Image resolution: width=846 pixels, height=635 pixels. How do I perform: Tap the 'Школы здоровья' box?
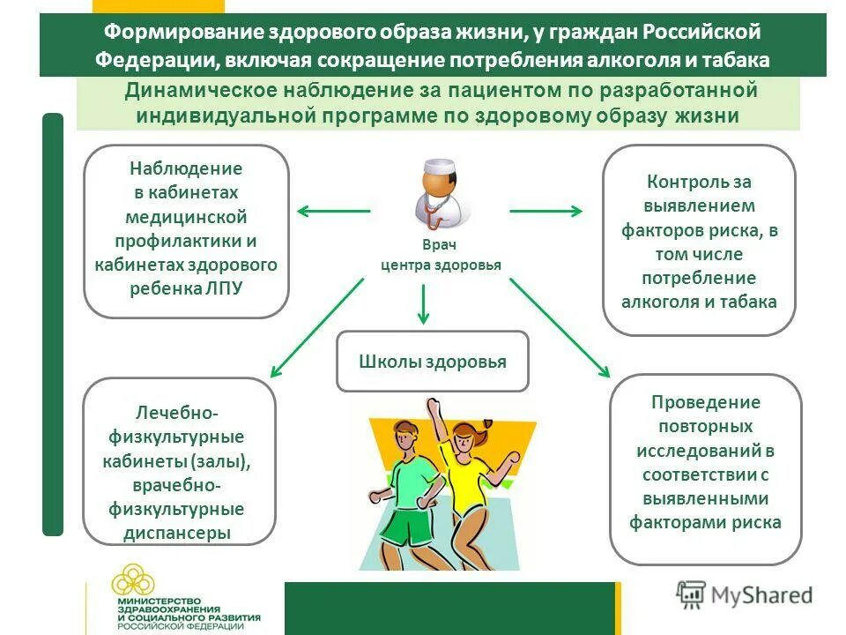pos(432,362)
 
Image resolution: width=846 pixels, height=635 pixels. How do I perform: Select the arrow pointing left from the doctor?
pos(333,211)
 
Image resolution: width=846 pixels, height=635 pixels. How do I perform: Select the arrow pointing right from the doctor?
pos(545,211)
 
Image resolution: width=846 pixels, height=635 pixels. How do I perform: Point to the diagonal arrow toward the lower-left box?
pos(316,326)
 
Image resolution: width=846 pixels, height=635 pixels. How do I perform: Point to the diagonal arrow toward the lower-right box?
pos(559,326)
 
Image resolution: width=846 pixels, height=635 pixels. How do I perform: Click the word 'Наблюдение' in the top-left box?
pos(186,168)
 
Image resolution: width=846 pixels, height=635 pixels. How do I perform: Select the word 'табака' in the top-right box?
pos(750,302)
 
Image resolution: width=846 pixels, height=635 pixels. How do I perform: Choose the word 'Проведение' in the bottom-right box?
pos(705,402)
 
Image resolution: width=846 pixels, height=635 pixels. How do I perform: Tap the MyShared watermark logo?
pos(745,594)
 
